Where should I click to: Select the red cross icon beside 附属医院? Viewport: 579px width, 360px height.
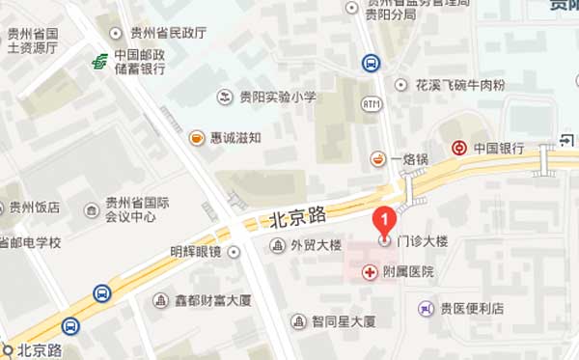tap(370, 273)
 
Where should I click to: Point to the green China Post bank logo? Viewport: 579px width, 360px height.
tap(99, 61)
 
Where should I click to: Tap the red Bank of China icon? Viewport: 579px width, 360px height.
tap(461, 149)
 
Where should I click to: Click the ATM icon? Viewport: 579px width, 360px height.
tap(372, 103)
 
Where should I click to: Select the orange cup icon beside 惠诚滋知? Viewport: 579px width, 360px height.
tap(197, 137)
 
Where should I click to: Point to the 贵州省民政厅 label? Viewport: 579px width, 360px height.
tap(167, 32)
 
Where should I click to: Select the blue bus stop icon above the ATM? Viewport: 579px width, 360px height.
tap(371, 63)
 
